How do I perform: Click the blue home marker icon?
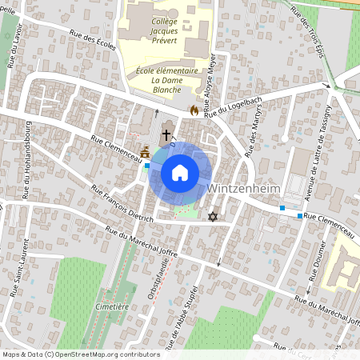(x=180, y=173)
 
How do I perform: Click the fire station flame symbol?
(x=193, y=111)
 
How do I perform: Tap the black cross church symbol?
(x=166, y=135)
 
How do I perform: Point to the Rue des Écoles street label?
(x=93, y=40)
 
